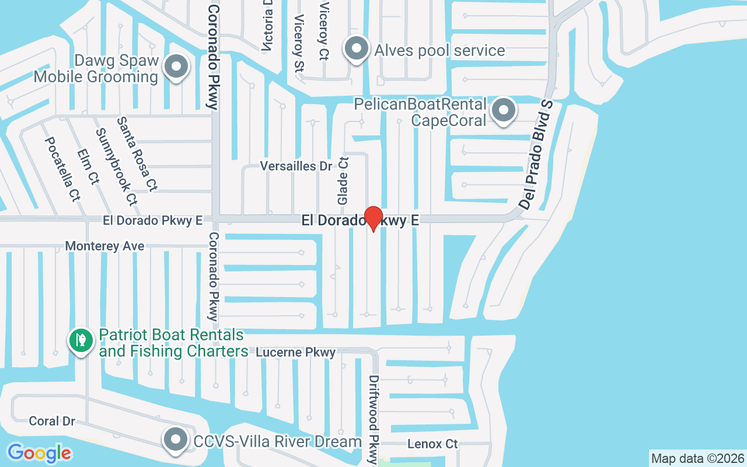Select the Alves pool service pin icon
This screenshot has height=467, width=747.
(357, 50)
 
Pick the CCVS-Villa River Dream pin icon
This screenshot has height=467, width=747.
(175, 441)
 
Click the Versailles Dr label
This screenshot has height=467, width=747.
(296, 166)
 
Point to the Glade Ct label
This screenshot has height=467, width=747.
(343, 180)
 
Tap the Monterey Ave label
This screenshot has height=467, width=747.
(104, 246)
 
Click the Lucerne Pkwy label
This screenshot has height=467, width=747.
(296, 353)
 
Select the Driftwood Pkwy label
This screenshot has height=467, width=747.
(373, 419)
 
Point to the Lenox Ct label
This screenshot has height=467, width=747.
(432, 444)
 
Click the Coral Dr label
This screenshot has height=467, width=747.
(52, 421)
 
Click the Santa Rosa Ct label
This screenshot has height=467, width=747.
(137, 154)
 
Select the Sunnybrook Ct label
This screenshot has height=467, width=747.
(116, 166)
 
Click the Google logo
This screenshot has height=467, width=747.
(39, 453)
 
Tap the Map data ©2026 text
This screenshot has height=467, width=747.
(697, 458)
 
